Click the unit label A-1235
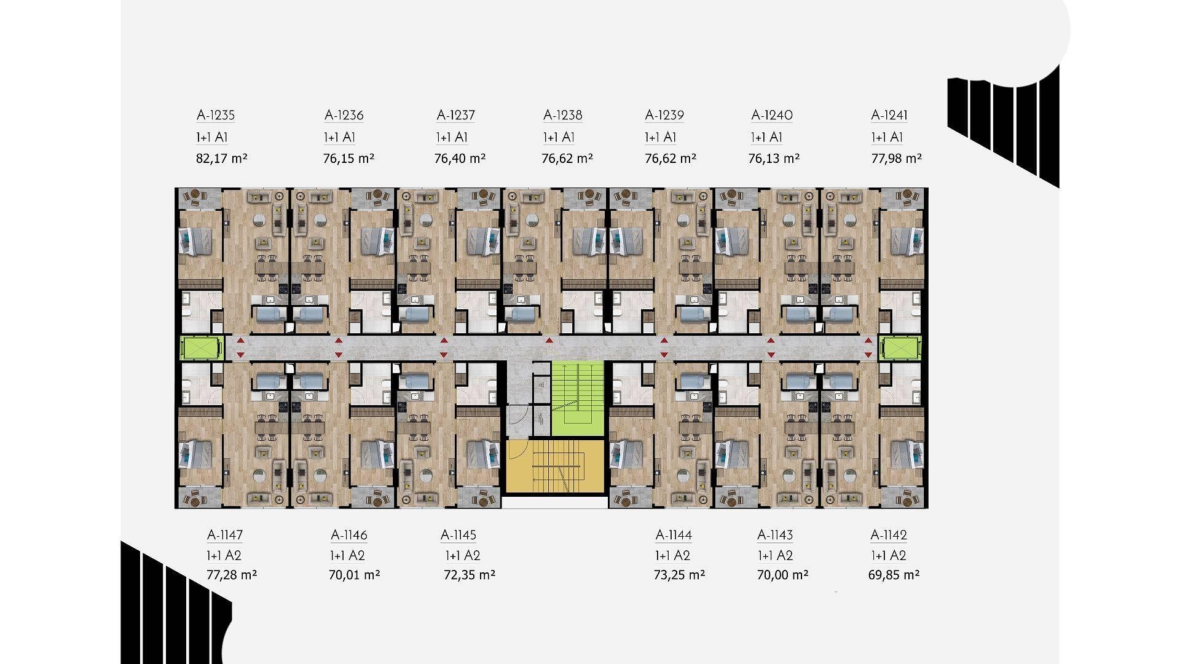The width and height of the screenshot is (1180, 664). pos(216,115)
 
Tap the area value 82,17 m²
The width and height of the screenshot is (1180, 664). pos(221,159)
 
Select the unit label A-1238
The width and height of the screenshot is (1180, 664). pos(563,115)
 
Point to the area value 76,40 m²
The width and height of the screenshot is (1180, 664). pos(460,159)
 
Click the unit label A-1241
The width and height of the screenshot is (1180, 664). pos(889,115)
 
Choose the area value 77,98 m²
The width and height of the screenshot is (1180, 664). pos(897,159)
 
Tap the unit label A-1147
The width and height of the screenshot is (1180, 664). pos(225,535)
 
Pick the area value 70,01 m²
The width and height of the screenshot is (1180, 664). pos(355,575)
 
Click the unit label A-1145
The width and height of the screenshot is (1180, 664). pos(458,535)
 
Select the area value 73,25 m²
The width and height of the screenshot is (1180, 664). pos(679,575)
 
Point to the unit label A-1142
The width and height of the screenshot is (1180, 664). pos(889,535)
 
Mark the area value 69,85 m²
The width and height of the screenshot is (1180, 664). pos(895,575)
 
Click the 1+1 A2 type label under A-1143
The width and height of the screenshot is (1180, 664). pos(775,556)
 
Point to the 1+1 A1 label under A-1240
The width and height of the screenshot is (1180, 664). pos(766,137)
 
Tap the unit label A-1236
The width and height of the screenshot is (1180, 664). pos(344,115)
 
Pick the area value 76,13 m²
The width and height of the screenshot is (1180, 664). pos(774,159)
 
